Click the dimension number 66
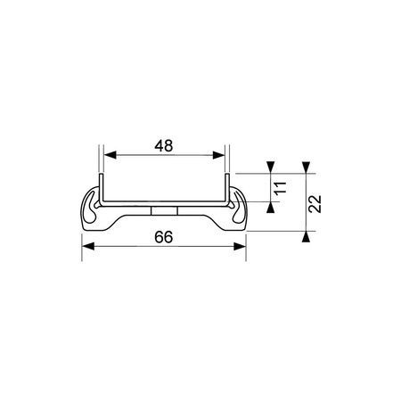[x=163, y=238]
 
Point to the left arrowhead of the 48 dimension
[x=107, y=156]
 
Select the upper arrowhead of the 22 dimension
[x=305, y=168]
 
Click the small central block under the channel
[x=164, y=210]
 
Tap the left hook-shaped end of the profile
[x=90, y=210]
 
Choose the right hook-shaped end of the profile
[x=238, y=210]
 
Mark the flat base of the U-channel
[x=164, y=201]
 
